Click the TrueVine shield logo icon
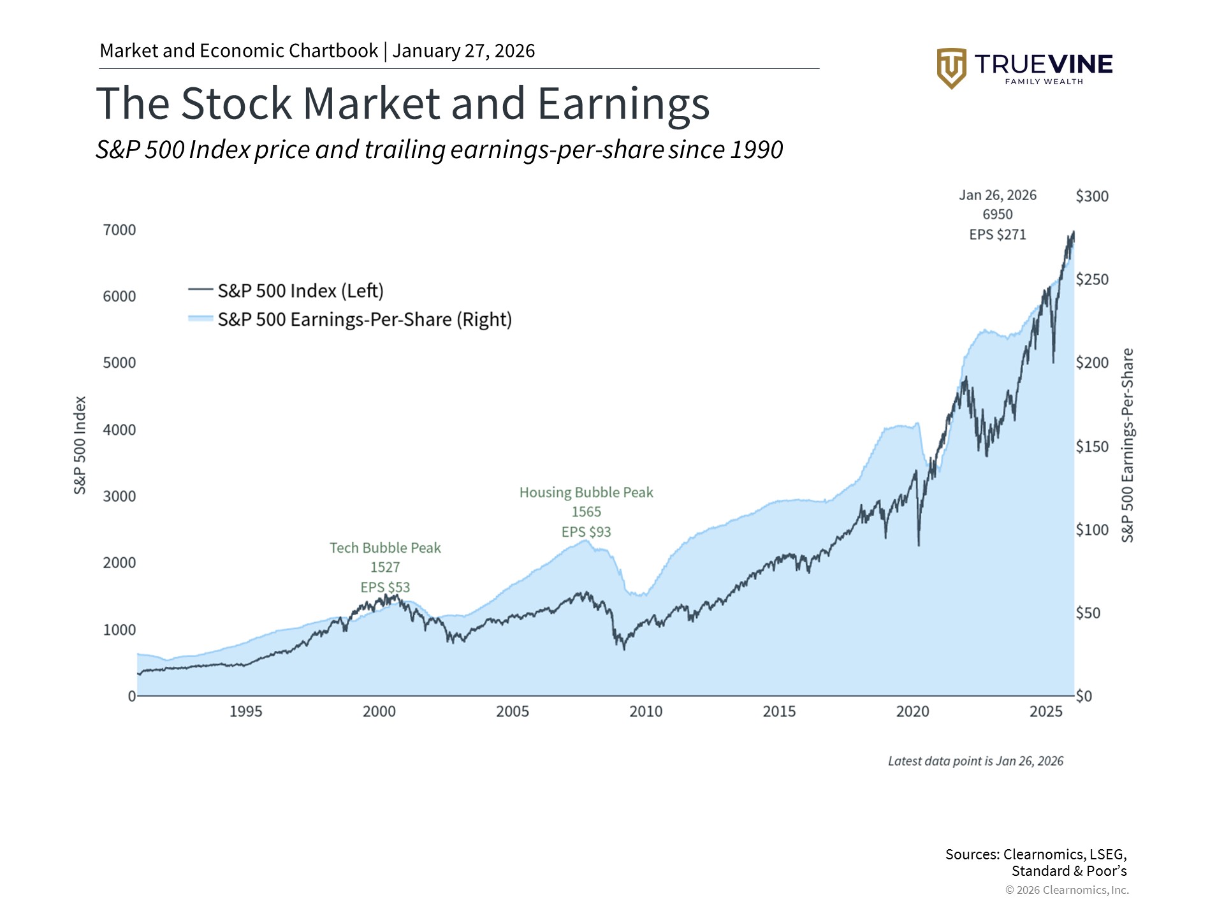coord(951,68)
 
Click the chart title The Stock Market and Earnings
coord(402,103)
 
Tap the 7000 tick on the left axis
coord(119,229)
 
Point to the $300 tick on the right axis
coord(1092,196)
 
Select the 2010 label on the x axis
coord(646,711)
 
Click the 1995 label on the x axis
coord(245,711)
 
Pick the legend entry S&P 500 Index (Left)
coord(300,291)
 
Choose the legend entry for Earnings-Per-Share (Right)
coord(364,319)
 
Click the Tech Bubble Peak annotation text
coord(385,548)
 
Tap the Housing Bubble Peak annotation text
coord(586,492)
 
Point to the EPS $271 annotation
coord(998,235)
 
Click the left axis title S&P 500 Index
coord(80,445)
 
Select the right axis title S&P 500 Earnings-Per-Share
coord(1127,445)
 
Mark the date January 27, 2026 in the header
coord(463,51)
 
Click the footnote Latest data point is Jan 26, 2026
coord(975,761)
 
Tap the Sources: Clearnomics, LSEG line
coord(1035,854)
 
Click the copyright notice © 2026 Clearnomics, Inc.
coord(1067,890)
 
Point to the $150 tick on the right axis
coord(1092,446)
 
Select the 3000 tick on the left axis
coord(119,496)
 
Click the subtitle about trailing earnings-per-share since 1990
coord(439,150)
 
